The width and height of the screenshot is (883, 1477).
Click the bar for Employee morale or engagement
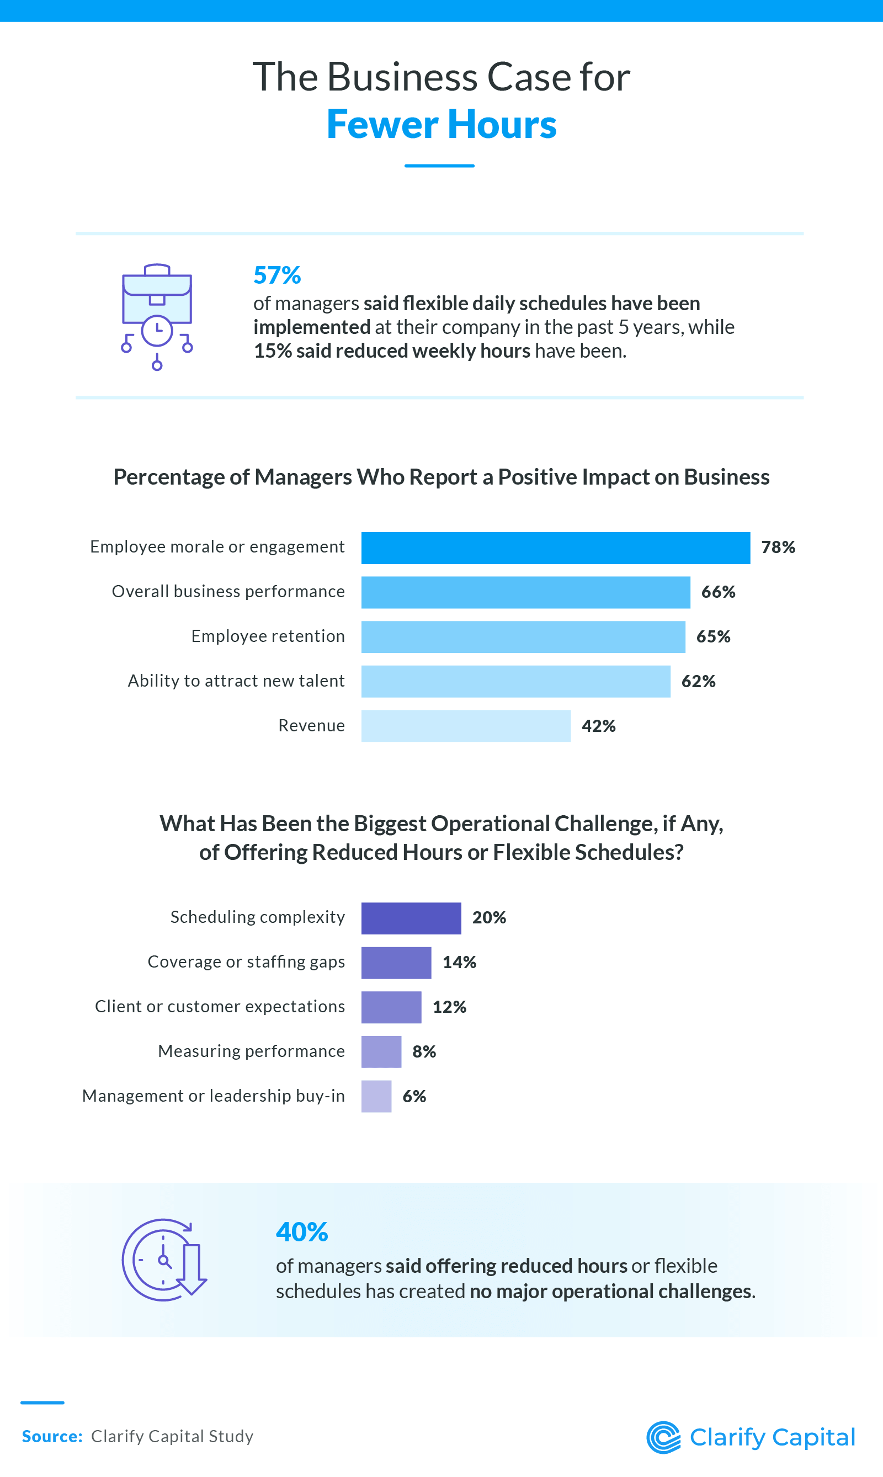pyautogui.click(x=555, y=548)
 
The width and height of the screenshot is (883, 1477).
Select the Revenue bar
pyautogui.click(x=465, y=725)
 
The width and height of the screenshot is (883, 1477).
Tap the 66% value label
pyautogui.click(x=717, y=592)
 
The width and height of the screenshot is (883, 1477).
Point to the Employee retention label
pyautogui.click(x=268, y=636)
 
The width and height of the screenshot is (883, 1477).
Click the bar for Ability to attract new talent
pyautogui.click(x=515, y=681)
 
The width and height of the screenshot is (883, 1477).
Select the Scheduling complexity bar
pyautogui.click(x=411, y=918)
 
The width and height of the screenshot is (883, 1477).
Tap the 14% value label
pyautogui.click(x=459, y=962)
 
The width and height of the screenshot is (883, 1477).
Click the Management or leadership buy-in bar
pyautogui.click(x=376, y=1096)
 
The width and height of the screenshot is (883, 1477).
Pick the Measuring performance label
pyautogui.click(x=251, y=1051)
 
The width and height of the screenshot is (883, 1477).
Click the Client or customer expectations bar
pyautogui.click(x=391, y=1007)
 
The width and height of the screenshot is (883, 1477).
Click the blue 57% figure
pyautogui.click(x=276, y=275)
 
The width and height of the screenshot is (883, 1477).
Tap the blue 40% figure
pyautogui.click(x=302, y=1232)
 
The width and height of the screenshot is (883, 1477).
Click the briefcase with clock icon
pyautogui.click(x=157, y=316)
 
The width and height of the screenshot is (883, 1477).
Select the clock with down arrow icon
pyautogui.click(x=163, y=1260)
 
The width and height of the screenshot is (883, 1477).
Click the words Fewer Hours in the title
pyautogui.click(x=441, y=125)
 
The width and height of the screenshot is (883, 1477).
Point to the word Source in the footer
pyautogui.click(x=51, y=1437)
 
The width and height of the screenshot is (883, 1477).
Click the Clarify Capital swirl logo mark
pyautogui.click(x=663, y=1438)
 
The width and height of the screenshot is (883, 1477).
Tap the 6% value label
pyautogui.click(x=414, y=1096)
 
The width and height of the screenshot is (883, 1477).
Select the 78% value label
pyautogui.click(x=778, y=548)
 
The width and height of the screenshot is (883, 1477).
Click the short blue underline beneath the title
pyautogui.click(x=439, y=166)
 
